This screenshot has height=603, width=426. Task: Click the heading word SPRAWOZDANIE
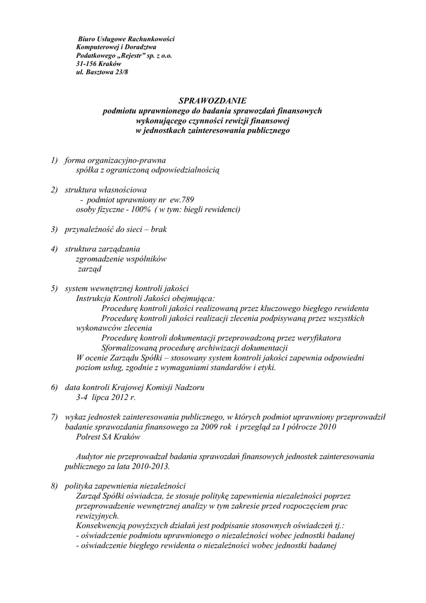[212, 101]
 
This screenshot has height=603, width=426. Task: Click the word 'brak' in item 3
[159, 229]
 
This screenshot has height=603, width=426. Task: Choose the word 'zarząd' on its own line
[90, 269]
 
